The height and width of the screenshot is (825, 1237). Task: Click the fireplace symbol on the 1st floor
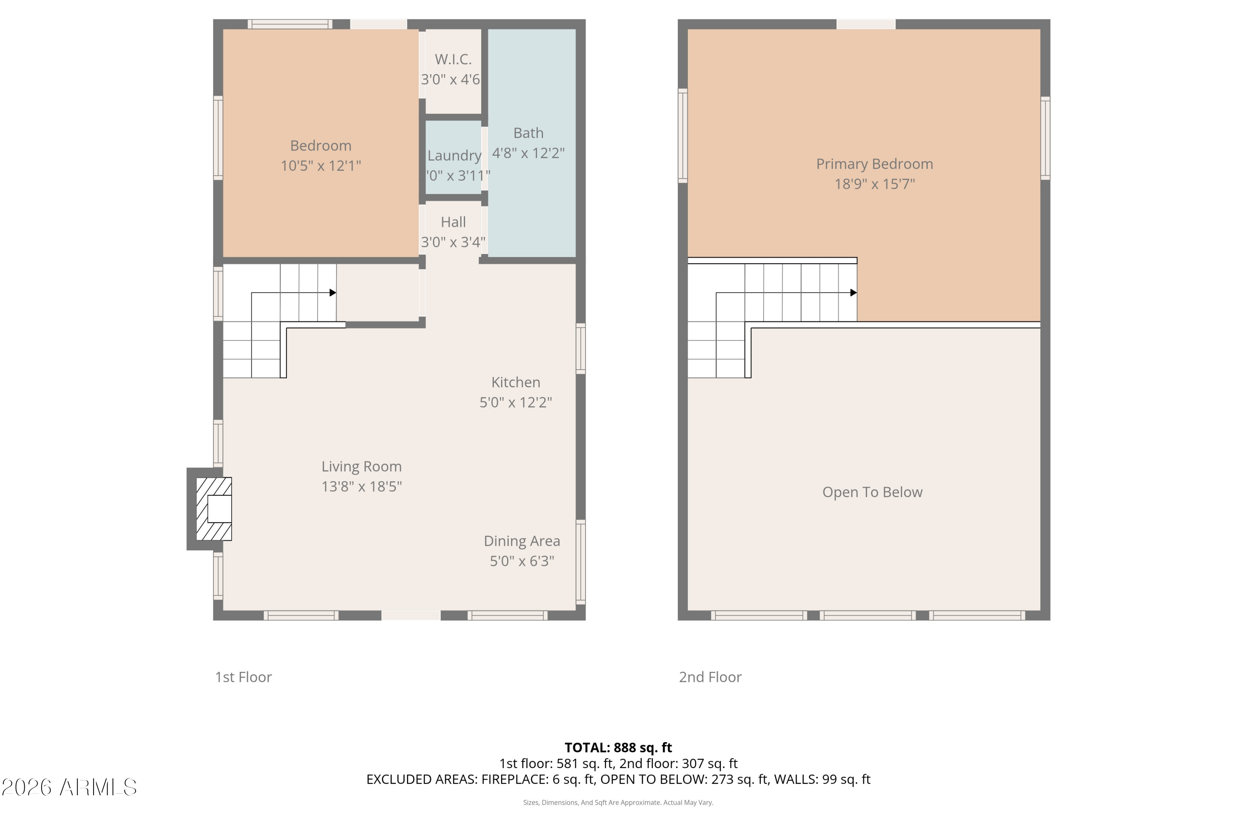pos(214,509)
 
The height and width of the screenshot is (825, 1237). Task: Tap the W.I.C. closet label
pos(453,59)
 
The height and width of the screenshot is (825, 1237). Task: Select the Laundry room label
pos(454,156)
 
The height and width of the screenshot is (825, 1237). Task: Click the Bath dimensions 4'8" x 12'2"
pos(528,153)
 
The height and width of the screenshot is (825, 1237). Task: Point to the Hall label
pos(453,222)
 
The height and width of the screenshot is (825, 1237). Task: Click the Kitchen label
pos(515,382)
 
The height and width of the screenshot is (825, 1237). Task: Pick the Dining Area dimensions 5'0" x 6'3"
pos(522,561)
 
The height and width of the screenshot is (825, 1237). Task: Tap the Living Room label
pos(361,467)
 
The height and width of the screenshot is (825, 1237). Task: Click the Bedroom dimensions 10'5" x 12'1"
pos(320,166)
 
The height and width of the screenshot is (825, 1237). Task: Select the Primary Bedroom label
pos(874,164)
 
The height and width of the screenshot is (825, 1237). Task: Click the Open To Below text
pos(872,492)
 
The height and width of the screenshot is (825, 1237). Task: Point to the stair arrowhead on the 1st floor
pos(333,292)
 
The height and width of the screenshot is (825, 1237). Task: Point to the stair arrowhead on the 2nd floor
pos(854,292)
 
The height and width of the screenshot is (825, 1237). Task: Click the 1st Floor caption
pos(243,677)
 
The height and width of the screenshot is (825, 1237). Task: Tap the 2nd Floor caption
pos(710,677)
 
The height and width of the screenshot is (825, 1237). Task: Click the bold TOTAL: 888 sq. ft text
pos(618,747)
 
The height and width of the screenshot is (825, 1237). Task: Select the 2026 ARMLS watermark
pos(69,787)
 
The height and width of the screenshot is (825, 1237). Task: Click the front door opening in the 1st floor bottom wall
pos(411,615)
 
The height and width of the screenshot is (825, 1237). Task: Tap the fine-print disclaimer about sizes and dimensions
pos(618,802)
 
